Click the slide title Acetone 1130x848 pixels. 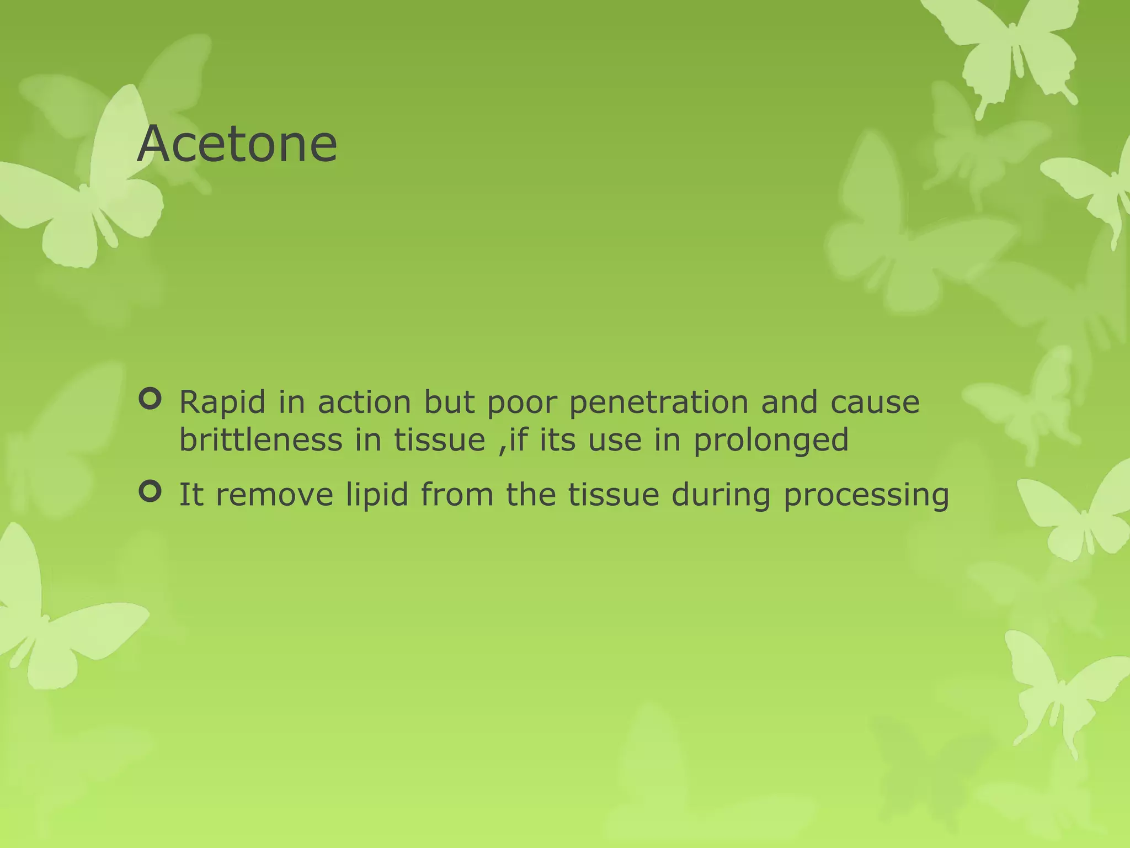[237, 144]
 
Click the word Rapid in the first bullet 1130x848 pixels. [222, 402]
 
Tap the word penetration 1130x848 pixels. [659, 402]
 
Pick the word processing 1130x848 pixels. [866, 495]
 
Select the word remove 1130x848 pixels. [274, 495]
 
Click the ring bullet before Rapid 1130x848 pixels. [150, 399]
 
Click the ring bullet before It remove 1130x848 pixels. [150, 491]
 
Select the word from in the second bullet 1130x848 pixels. [457, 494]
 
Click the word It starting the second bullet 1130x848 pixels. [191, 494]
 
